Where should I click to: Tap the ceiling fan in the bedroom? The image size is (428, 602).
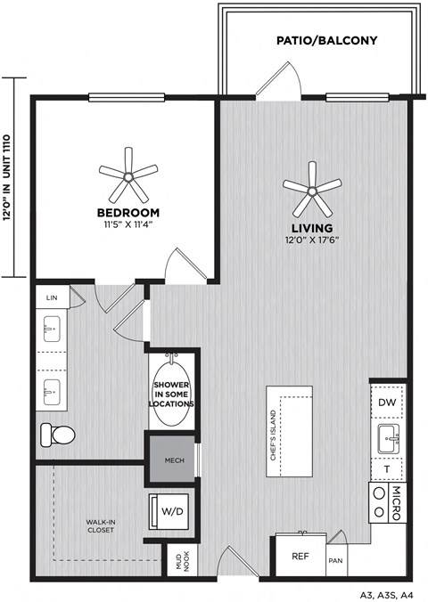coord(128,175)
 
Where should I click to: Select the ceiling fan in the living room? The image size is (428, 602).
coord(312,187)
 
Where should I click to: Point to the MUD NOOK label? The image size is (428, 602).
coord(182,563)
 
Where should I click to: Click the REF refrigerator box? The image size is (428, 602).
coord(300,557)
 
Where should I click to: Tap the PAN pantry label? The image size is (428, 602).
coord(336,561)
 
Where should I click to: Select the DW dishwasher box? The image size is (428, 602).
coord(386,402)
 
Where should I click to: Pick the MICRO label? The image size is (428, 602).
coord(399,502)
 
